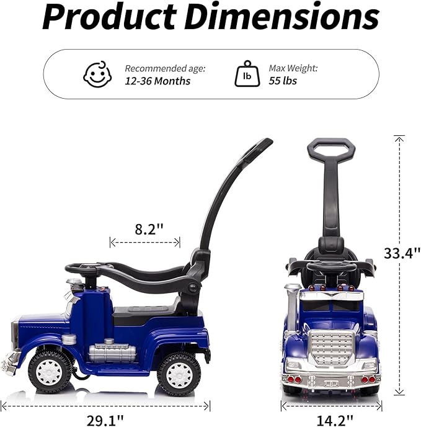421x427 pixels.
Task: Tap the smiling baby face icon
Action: pos(97,74)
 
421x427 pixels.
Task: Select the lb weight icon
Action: pos(247,74)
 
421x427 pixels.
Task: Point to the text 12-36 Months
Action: pos(157,81)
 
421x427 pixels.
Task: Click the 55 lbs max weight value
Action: pos(283,81)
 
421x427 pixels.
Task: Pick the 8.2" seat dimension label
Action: pos(149,229)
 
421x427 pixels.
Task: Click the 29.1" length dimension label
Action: pos(105,420)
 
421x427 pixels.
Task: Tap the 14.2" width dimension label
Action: pos(335,420)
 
